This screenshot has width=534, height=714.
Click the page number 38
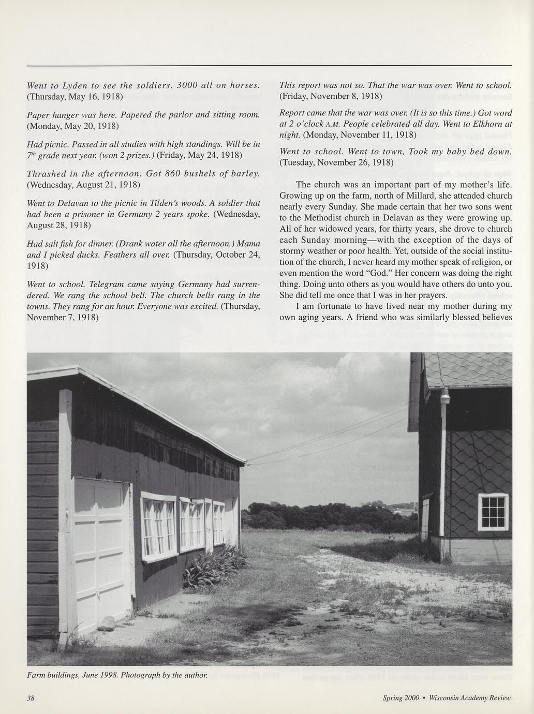click(x=31, y=698)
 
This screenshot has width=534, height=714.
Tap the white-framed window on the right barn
click(x=493, y=512)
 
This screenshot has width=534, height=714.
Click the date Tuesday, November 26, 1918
click(x=336, y=162)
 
